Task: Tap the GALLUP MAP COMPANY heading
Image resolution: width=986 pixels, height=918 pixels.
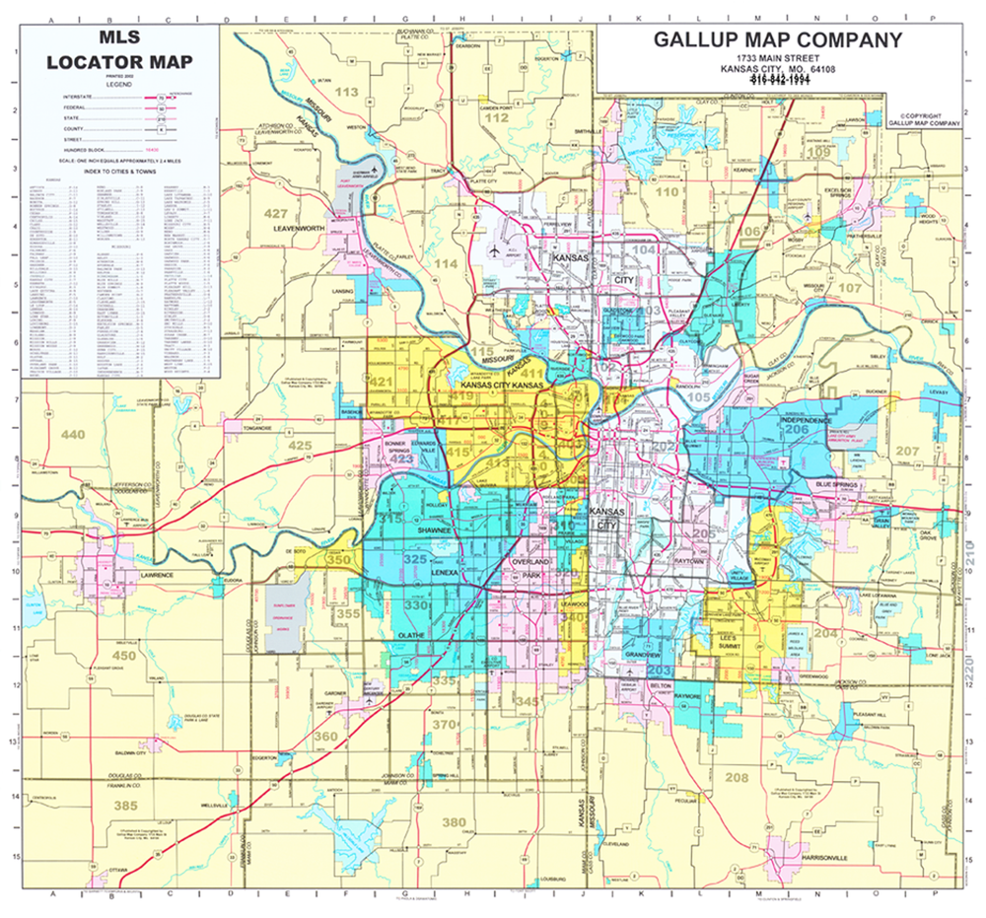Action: click(777, 40)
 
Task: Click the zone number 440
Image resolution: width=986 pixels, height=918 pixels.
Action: click(73, 435)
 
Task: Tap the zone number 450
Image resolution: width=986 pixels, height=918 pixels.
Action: click(124, 655)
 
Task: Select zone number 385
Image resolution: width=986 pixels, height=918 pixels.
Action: click(124, 806)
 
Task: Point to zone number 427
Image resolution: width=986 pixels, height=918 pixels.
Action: click(276, 213)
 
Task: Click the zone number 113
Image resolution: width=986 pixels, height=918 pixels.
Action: click(347, 92)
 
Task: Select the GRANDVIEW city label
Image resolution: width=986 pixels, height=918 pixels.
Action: click(642, 654)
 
